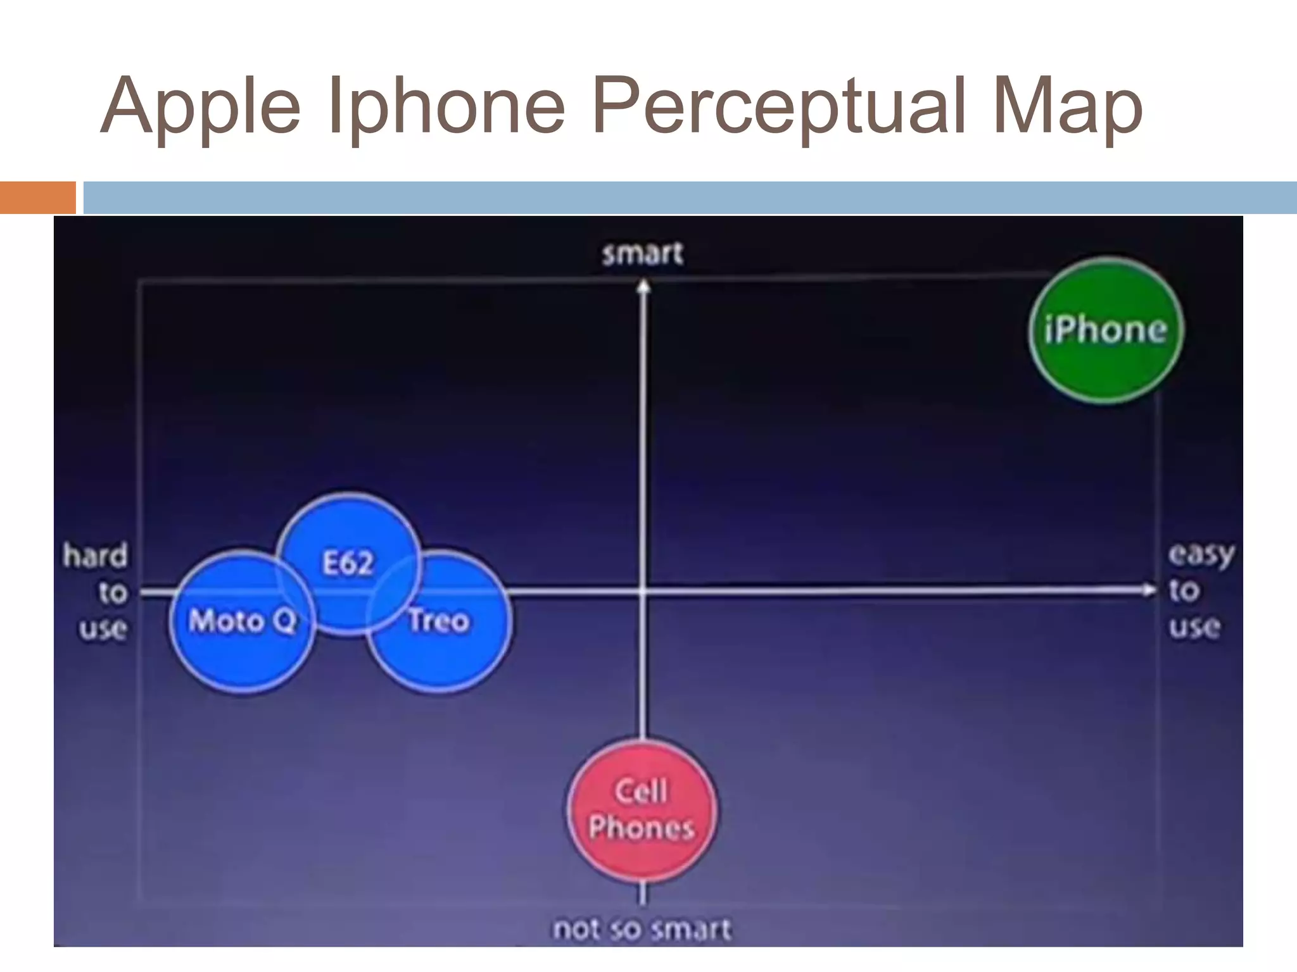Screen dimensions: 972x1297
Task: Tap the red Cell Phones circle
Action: pos(642,810)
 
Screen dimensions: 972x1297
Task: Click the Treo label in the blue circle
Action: pos(439,621)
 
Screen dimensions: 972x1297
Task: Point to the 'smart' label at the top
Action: pos(642,254)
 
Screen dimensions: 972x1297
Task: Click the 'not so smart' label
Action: pos(642,929)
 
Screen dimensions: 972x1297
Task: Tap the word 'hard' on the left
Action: pos(96,556)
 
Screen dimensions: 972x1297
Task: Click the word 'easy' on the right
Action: pos(1201,555)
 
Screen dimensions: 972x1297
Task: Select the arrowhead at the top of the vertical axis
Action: pos(643,287)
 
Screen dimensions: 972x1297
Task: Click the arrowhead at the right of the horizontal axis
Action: pos(1148,590)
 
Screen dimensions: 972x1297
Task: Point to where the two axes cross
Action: pos(643,591)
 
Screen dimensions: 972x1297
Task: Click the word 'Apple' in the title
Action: pos(200,106)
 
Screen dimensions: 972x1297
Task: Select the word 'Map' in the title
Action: pos(1068,106)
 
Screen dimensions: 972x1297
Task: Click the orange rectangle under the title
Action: pos(38,197)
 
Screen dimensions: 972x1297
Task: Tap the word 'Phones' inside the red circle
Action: pos(642,828)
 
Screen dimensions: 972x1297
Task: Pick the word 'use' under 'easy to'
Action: pos(1194,627)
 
